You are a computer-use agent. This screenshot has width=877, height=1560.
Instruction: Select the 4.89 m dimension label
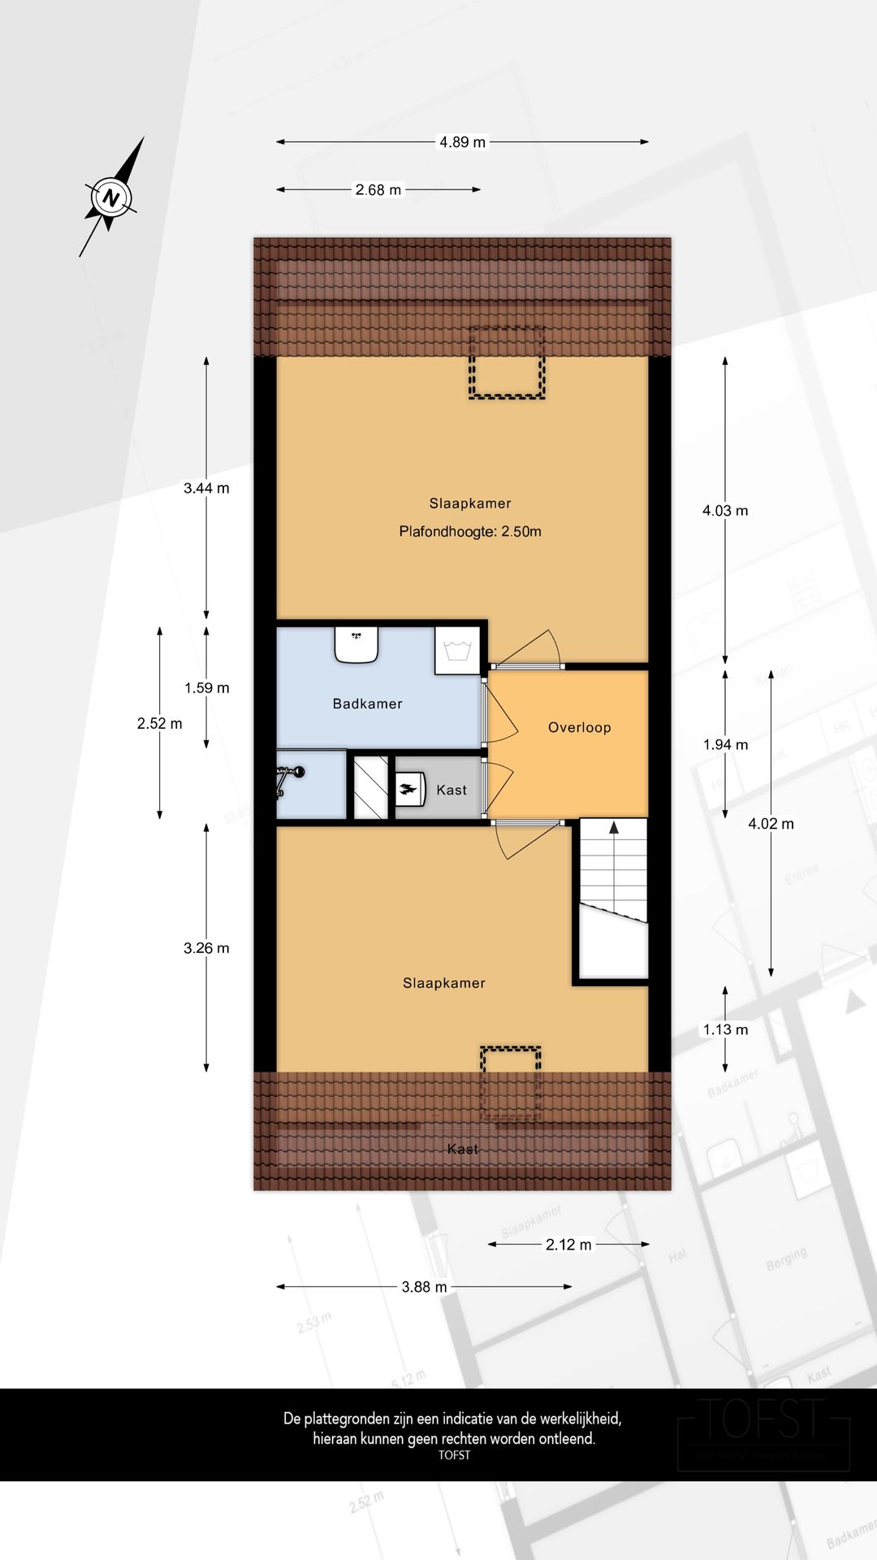pyautogui.click(x=462, y=142)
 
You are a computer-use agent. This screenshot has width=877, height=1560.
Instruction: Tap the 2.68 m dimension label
pyautogui.click(x=378, y=190)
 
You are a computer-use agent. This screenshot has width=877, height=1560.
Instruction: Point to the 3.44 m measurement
pyautogui.click(x=206, y=488)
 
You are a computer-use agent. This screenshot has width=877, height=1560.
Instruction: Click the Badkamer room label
pyautogui.click(x=367, y=704)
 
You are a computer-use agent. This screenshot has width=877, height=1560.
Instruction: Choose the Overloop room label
pyautogui.click(x=579, y=727)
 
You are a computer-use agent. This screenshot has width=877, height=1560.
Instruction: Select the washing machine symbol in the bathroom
pyautogui.click(x=457, y=650)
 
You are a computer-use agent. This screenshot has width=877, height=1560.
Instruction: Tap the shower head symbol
pyautogui.click(x=289, y=776)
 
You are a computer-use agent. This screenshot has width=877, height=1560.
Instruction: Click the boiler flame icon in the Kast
pyautogui.click(x=409, y=789)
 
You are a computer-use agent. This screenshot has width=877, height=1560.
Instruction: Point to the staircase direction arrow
pyautogui.click(x=614, y=828)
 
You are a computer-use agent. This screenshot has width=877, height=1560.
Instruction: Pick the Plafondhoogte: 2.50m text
pyautogui.click(x=470, y=531)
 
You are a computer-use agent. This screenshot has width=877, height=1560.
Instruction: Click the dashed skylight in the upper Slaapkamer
pyautogui.click(x=507, y=362)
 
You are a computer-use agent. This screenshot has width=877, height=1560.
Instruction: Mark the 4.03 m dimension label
pyautogui.click(x=725, y=510)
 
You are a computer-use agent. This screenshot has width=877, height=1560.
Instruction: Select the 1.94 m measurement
pyautogui.click(x=725, y=744)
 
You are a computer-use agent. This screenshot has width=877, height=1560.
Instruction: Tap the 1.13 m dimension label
pyautogui.click(x=725, y=1029)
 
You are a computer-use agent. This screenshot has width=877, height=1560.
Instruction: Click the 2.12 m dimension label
pyautogui.click(x=568, y=1244)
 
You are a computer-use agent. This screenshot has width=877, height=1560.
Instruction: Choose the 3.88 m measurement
pyautogui.click(x=424, y=1287)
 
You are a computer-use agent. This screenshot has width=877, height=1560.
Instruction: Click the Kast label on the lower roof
pyautogui.click(x=462, y=1149)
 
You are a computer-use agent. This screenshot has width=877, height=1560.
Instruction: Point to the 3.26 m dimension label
pyautogui.click(x=206, y=948)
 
